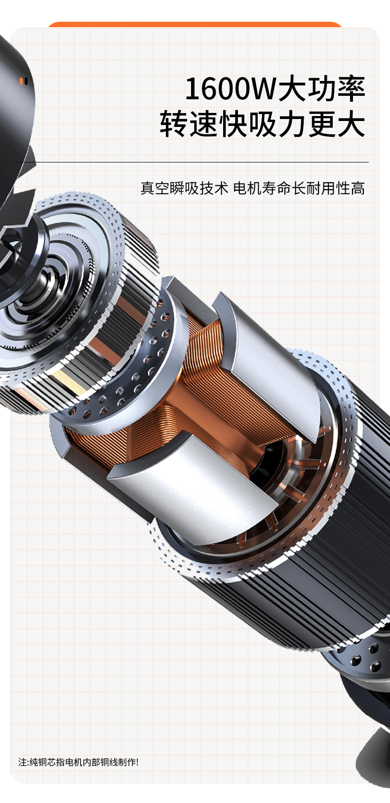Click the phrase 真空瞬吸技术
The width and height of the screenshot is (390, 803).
pos(184,188)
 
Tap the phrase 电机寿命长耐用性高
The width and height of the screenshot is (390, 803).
pos(299,188)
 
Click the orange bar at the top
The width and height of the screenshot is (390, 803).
pos(195,24)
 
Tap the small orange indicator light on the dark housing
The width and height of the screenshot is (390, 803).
pos(21,81)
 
